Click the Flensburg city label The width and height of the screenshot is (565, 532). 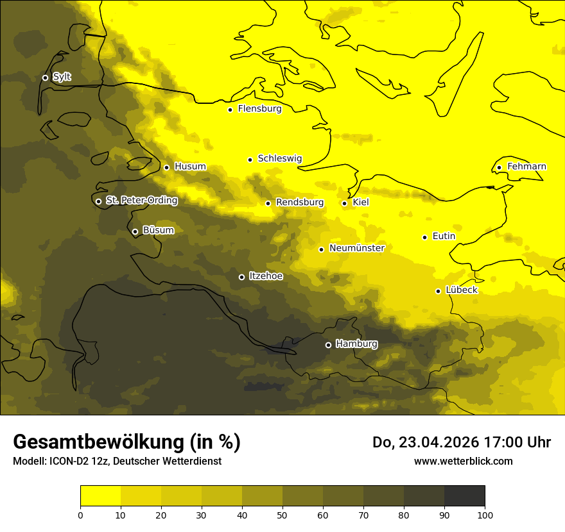coord(259,109)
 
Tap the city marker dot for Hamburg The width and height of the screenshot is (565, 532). coord(328,345)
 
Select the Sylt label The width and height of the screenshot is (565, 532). coord(62,77)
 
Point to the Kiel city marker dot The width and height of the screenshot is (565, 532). coord(345,203)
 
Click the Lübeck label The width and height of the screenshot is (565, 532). coord(462,290)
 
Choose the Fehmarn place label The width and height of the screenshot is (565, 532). coord(526,167)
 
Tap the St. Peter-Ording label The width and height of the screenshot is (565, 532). coord(141,201)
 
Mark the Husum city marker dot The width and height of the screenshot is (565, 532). coord(166,167)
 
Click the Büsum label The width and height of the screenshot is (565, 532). coord(158,231)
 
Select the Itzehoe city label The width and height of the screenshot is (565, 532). coord(266,276)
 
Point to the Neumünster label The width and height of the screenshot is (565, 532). coord(357,248)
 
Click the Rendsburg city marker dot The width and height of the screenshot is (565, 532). coord(268,203)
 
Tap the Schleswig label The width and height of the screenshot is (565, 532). coord(279,158)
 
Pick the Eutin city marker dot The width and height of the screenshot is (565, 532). coord(424,237)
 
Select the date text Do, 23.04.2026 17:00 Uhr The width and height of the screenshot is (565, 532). coord(461,442)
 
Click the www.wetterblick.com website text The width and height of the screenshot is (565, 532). coord(463,461)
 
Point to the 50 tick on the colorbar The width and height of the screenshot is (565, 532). coord(282,514)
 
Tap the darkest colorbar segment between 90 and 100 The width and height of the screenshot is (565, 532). coord(464,496)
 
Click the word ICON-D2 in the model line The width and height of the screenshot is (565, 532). coord(67,461)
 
